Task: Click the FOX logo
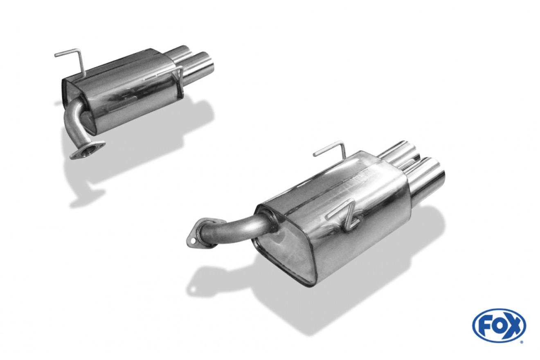coord(499,326)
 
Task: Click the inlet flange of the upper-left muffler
coord(87,150)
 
